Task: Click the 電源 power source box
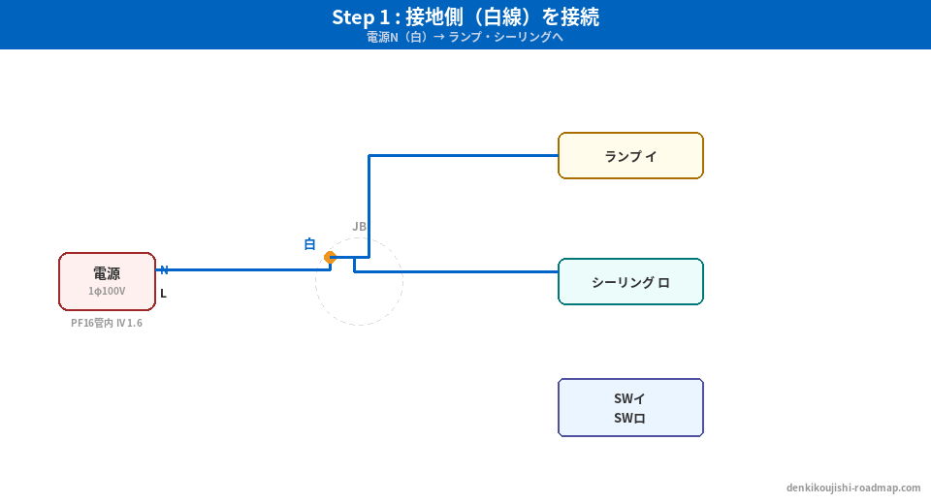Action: (107, 281)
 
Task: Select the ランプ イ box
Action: (630, 156)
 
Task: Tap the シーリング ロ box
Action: (630, 282)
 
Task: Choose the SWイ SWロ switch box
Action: (630, 407)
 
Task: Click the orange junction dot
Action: (330, 257)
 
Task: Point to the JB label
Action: (359, 227)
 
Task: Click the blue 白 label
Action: (309, 244)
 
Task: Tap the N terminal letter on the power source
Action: (164, 270)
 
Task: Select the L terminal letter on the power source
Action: (163, 293)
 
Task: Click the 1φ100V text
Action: (107, 291)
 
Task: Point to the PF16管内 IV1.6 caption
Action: (107, 323)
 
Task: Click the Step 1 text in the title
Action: (363, 17)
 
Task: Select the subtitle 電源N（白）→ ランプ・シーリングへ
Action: (465, 38)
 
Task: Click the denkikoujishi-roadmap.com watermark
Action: (853, 488)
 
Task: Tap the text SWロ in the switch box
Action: (630, 419)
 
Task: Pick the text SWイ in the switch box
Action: (630, 398)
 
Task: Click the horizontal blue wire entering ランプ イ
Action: (465, 155)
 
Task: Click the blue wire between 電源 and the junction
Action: (242, 269)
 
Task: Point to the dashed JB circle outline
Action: (359, 325)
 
